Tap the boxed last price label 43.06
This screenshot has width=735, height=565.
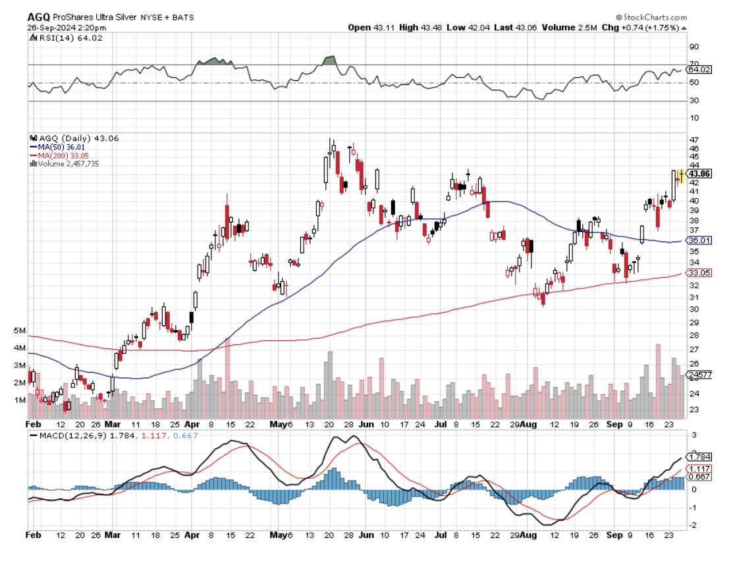click(699, 174)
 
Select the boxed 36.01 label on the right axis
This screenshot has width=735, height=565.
click(699, 241)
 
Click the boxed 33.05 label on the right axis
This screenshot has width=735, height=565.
click(699, 273)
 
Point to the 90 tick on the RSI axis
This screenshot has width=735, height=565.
click(694, 47)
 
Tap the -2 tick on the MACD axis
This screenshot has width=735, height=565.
click(693, 525)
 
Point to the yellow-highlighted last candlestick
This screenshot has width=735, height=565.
click(682, 175)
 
